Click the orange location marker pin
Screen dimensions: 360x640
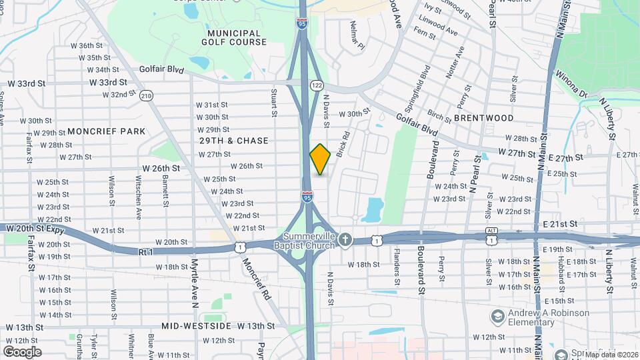coord(320,159)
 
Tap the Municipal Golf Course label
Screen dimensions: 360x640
coord(233,37)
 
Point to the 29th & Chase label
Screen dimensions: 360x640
coord(233,141)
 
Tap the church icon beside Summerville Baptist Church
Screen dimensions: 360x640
coord(345,239)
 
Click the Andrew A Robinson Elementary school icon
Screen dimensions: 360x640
coord(496,315)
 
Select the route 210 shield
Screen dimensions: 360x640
coord(147,97)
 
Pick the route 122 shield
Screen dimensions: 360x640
coord(317,85)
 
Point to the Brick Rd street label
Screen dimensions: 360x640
coord(343,143)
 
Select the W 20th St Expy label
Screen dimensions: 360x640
coord(33,228)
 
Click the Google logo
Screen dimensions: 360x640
coord(22,351)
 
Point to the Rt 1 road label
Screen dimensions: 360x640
coord(146,252)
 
